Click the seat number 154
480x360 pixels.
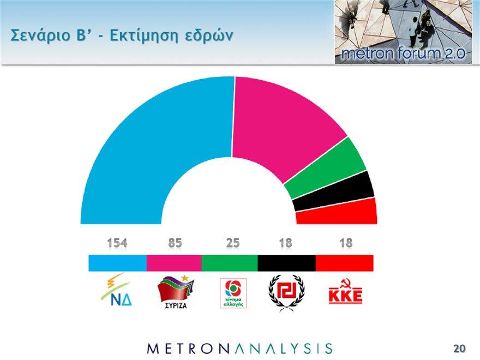117,243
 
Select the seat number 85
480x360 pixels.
175,243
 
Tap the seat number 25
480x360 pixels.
233,243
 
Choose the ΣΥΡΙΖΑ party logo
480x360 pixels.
176,292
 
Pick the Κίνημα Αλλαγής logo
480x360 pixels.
233,293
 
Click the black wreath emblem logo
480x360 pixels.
286,293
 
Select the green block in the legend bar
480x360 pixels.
230,263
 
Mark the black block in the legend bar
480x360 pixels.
286,263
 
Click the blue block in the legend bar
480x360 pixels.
118,263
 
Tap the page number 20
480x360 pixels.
459,349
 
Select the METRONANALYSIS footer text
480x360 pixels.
239,349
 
